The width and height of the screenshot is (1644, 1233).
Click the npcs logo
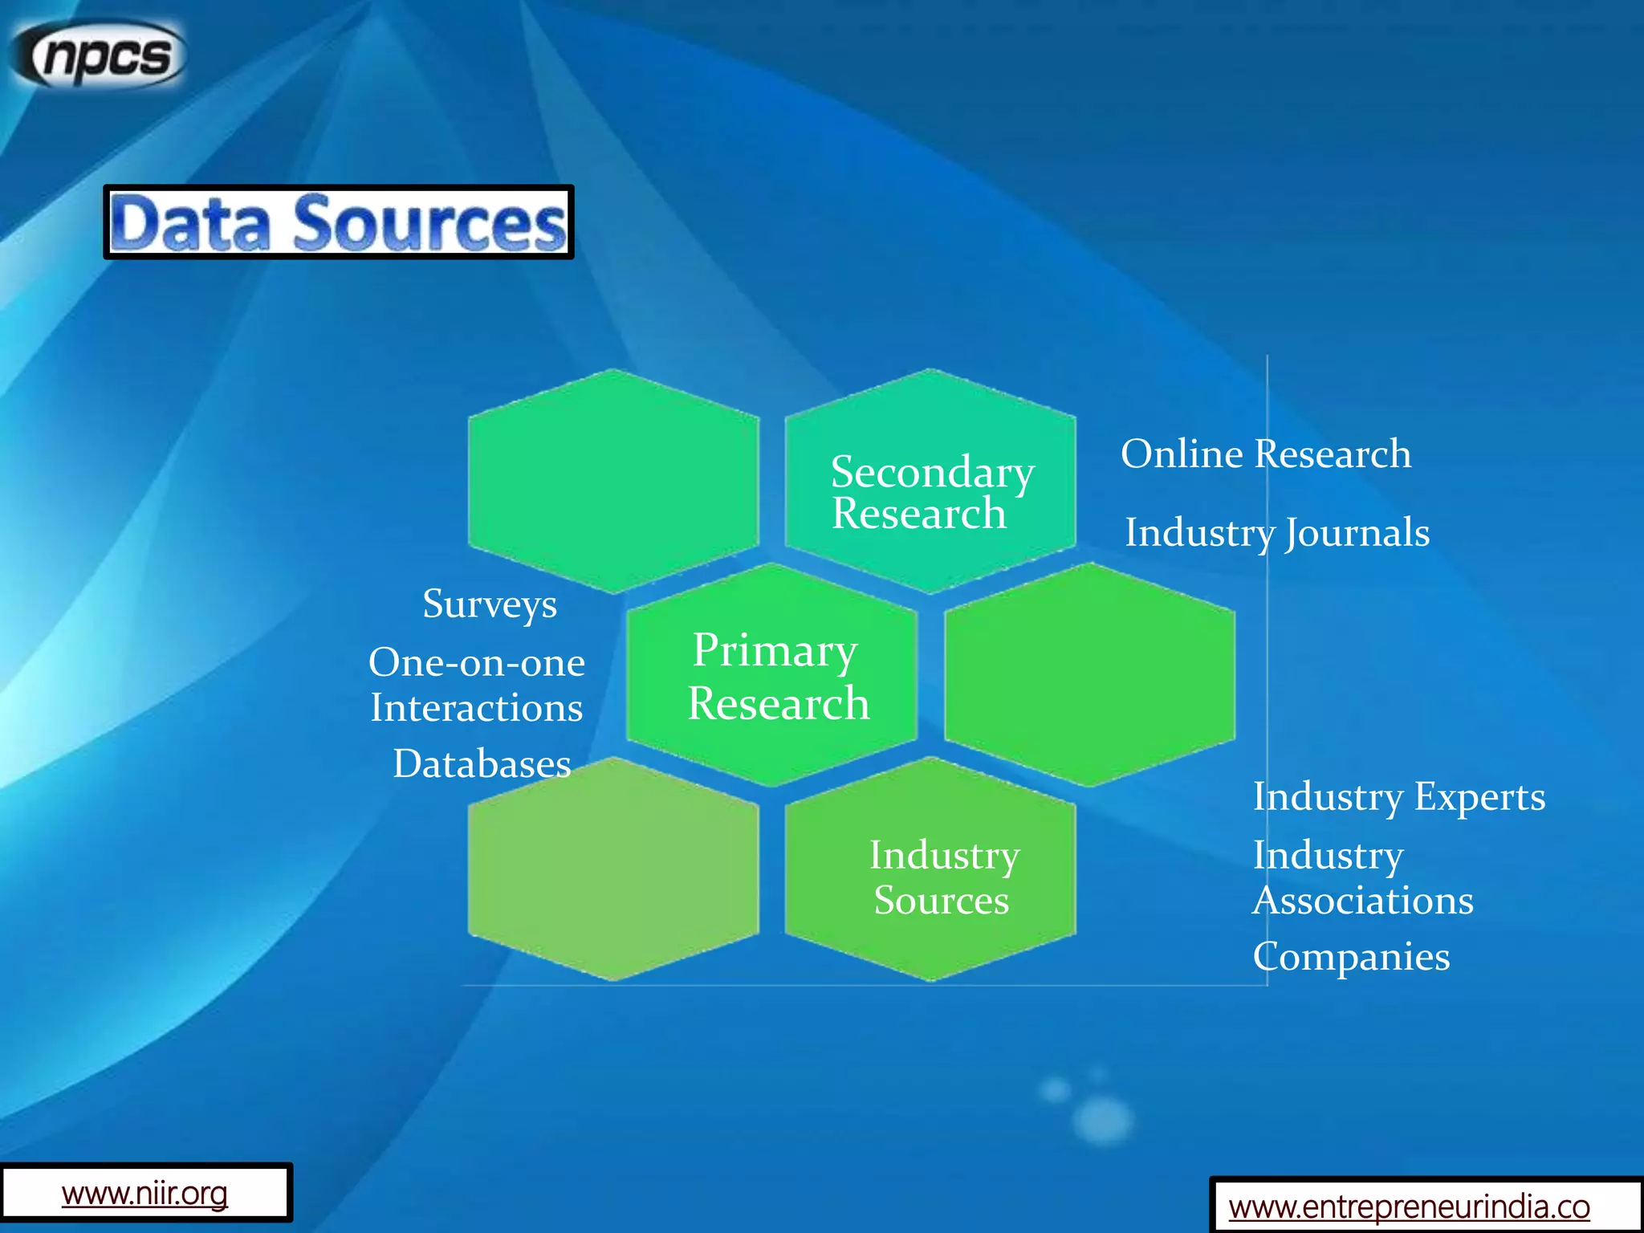click(98, 55)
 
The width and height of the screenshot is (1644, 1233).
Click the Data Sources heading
click(338, 222)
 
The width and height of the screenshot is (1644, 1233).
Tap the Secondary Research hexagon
click(930, 482)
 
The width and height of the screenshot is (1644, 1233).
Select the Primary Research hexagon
click(772, 675)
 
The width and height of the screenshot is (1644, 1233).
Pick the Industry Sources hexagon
click(930, 869)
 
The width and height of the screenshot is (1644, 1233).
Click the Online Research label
click(1266, 454)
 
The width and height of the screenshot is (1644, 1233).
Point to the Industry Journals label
click(1276, 533)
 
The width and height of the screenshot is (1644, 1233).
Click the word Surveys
click(490, 604)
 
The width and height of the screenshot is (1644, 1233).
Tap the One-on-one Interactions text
click(477, 685)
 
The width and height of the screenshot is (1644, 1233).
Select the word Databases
click(482, 763)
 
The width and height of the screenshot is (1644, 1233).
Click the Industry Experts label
click(1399, 796)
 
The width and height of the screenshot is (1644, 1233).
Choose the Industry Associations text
click(1363, 877)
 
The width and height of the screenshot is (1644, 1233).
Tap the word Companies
click(1352, 957)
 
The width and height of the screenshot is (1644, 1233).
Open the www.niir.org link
click(145, 1194)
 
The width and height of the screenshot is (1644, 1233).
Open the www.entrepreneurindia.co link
click(1409, 1207)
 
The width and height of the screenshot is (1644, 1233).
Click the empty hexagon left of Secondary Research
click(613, 482)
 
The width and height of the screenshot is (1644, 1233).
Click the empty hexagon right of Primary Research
click(1089, 675)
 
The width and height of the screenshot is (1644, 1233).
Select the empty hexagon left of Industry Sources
click(613, 869)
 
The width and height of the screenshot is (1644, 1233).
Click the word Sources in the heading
click(429, 223)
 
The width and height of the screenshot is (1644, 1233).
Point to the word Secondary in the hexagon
click(933, 471)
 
